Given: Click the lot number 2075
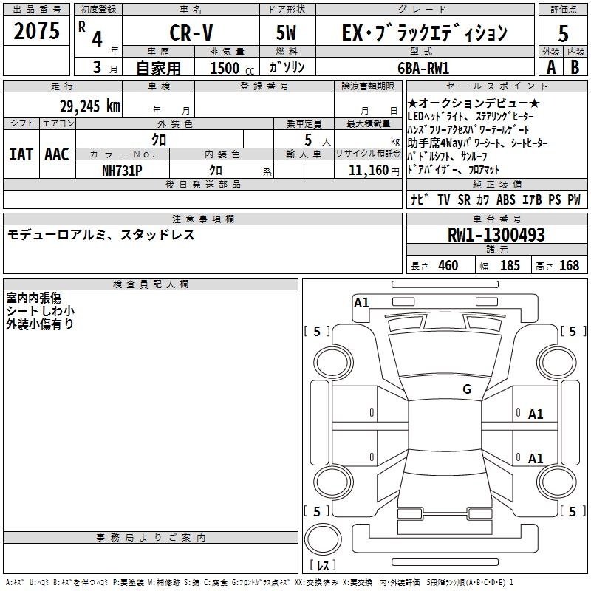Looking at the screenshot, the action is (x=36, y=31).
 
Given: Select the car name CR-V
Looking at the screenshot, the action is (x=191, y=33).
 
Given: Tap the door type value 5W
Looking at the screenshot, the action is (x=286, y=33).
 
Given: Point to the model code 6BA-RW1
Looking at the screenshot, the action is (x=423, y=68).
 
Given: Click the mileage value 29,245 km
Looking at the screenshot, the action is (x=89, y=106).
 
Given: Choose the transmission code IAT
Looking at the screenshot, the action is (x=21, y=154).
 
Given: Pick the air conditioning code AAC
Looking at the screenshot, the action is (x=57, y=154).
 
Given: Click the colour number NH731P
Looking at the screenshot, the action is (x=122, y=171).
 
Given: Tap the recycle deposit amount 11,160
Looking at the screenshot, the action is (x=369, y=171).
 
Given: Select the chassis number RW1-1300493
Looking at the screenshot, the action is (x=496, y=235).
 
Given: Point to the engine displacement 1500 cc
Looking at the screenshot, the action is (x=232, y=68).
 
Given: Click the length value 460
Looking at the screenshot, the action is (x=448, y=266).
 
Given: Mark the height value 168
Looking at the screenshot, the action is (x=569, y=266).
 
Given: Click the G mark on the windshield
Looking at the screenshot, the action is (x=467, y=389).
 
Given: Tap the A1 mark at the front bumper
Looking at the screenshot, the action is (x=361, y=303).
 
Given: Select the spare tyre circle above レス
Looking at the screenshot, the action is (x=323, y=539).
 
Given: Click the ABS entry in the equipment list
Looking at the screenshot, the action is (x=506, y=199).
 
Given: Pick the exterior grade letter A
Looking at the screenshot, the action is (x=551, y=67).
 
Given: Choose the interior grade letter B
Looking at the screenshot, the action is (x=575, y=67).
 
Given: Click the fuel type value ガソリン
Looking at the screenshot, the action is (x=287, y=67).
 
